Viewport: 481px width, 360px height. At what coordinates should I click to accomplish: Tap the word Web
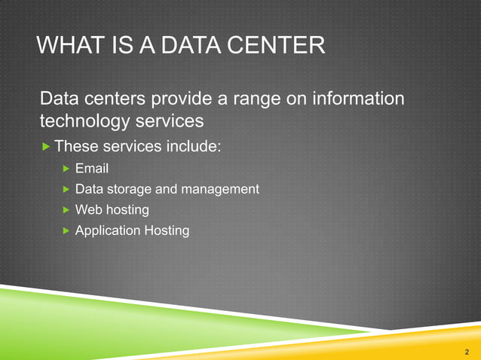click(88, 209)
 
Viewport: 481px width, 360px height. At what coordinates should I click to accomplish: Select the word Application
click(108, 230)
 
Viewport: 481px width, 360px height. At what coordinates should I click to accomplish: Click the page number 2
click(467, 352)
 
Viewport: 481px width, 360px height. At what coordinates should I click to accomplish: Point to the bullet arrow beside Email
click(66, 168)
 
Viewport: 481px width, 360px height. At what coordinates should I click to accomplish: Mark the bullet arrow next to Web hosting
click(66, 209)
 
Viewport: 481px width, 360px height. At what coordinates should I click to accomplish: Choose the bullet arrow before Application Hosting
click(66, 230)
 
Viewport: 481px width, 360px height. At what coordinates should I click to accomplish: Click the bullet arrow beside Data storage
click(66, 189)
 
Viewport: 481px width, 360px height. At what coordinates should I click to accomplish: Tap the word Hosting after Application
click(167, 230)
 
